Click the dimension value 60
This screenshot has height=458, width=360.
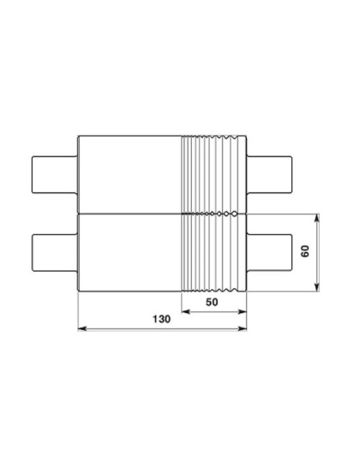click(305, 251)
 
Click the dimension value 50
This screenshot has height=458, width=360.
click(212, 302)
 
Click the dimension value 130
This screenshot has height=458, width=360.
click(162, 319)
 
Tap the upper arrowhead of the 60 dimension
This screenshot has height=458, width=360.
click(317, 218)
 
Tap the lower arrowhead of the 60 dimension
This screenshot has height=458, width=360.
click(317, 287)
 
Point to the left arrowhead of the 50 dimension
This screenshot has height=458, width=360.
click(186, 311)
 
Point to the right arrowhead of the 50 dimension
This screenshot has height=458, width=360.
click(243, 311)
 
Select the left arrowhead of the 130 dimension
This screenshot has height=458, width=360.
click(82, 328)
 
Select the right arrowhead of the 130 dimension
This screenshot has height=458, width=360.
click(243, 328)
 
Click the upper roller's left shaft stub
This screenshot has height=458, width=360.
click(55, 175)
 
